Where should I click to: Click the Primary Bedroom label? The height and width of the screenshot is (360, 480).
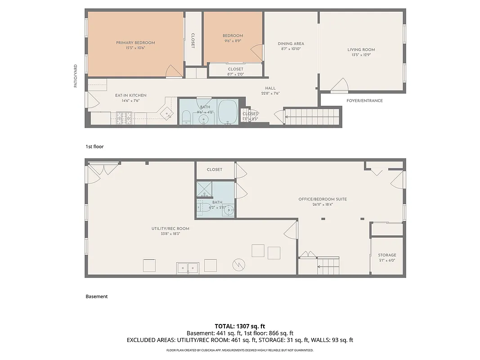tap(135, 43)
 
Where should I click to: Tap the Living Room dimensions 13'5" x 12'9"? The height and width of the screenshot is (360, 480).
tap(361, 55)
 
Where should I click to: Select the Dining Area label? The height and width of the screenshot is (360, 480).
tap(291, 44)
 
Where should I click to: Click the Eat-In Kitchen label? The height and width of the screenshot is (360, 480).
tap(130, 95)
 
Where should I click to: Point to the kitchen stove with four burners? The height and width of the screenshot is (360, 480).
tap(124, 118)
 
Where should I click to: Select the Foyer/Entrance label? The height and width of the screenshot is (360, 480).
tap(364, 101)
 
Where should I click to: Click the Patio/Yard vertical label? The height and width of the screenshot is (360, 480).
tap(76, 76)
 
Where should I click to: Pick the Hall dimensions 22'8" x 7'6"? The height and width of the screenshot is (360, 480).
tap(270, 94)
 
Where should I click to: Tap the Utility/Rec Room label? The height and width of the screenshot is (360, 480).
tap(170, 229)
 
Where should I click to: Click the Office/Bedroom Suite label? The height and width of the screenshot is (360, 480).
tap(323, 199)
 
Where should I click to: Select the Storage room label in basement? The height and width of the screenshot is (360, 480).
tap(387, 255)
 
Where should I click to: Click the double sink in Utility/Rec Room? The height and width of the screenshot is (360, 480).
tap(188, 267)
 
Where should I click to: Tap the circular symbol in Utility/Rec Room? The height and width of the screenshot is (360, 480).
tap(238, 265)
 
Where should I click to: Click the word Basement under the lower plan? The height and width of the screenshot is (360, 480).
tap(97, 297)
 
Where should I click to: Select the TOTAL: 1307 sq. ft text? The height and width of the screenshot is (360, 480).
tap(240, 326)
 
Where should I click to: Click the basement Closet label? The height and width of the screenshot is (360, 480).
tap(215, 170)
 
